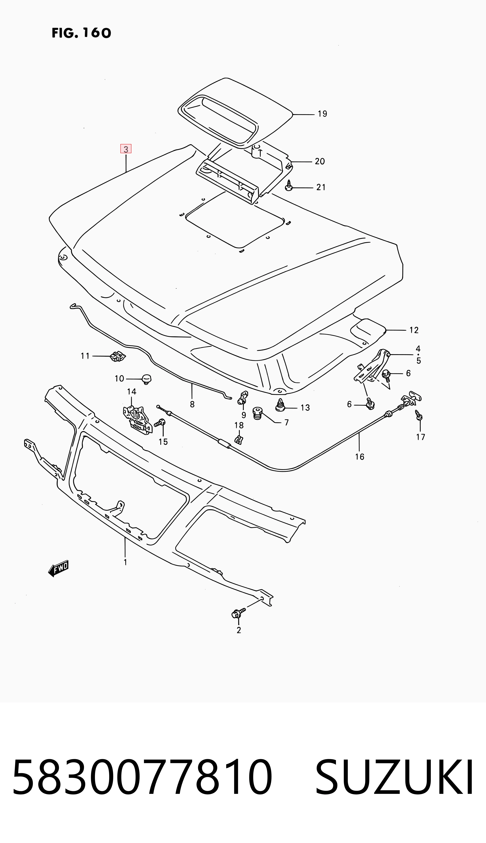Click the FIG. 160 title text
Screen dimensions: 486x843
(81, 33)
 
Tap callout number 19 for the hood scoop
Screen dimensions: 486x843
(322, 114)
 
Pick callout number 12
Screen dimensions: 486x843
(414, 330)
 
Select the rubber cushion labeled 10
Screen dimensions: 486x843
(147, 379)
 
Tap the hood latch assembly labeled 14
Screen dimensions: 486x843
(137, 420)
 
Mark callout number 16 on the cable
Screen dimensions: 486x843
(359, 457)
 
